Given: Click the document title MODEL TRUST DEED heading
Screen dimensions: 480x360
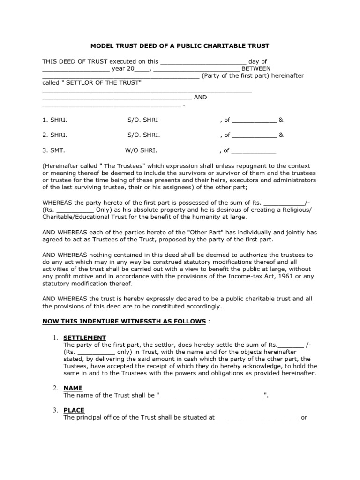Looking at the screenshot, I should coord(180,46).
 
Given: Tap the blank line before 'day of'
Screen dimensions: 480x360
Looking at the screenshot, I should coord(203,61).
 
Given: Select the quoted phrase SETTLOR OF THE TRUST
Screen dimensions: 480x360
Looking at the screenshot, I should coord(101,82).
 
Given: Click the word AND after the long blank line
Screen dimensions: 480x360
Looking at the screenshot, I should coord(200,97).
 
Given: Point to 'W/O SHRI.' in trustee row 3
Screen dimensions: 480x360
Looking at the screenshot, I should coord(141,151).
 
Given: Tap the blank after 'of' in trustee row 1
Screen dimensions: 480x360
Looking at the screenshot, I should coord(255,120).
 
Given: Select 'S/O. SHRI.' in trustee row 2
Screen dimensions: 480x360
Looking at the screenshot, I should coord(143,135).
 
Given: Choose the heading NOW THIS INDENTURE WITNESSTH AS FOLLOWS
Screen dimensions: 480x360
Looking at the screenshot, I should coord(124,321).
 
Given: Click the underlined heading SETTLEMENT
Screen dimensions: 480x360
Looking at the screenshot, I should coord(84,337).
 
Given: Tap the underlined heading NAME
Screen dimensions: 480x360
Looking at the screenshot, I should coord(73,388).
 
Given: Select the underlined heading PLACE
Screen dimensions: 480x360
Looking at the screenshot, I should coord(74,410).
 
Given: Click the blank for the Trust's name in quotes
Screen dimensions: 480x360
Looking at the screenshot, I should coord(212,395).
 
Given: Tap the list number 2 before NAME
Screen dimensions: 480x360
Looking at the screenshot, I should coord(55,388).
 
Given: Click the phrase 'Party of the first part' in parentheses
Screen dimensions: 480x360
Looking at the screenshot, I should coord(237,75).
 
